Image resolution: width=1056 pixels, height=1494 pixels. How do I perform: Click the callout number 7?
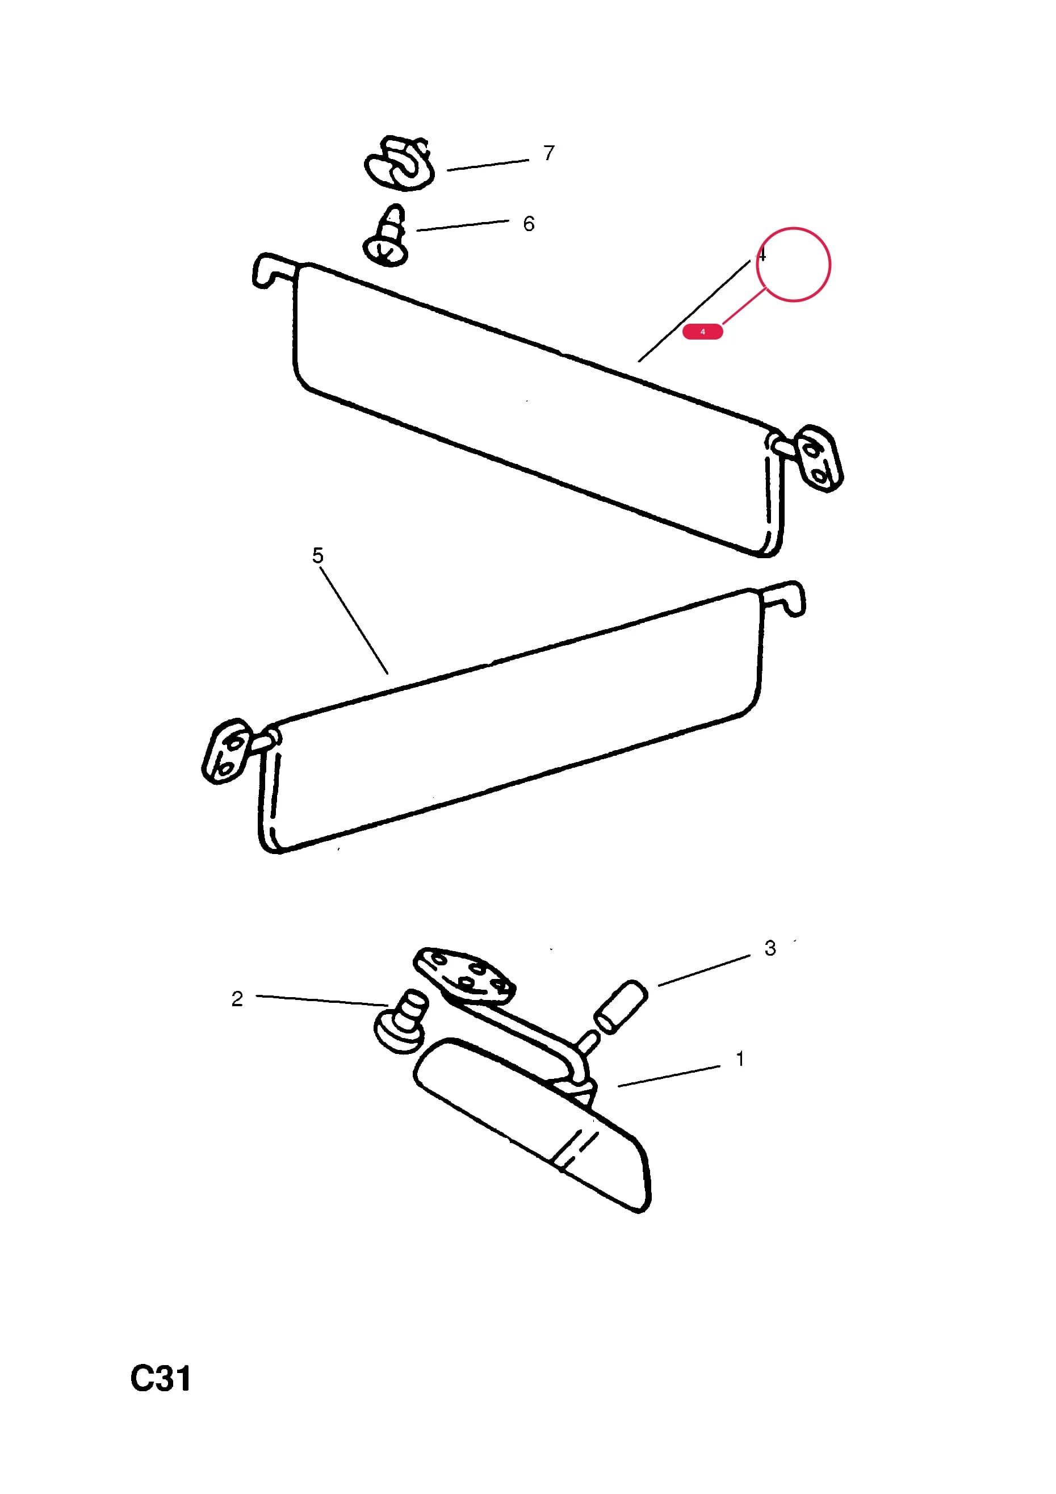pos(549,153)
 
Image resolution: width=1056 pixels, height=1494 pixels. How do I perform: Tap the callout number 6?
pos(529,224)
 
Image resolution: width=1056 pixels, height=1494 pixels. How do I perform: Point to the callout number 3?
pos(770,948)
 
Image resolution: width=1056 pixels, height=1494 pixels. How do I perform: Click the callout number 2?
pos(237,999)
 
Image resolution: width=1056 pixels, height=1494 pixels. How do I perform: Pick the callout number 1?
pos(740,1060)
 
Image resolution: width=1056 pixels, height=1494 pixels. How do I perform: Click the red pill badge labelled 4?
pos(703,332)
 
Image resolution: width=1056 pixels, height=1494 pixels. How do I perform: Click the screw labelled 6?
pos(388,236)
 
